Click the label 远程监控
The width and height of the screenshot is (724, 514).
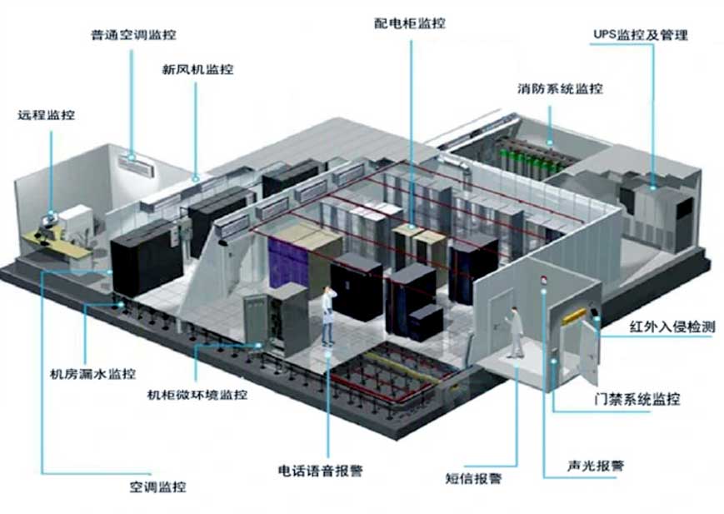click(46, 114)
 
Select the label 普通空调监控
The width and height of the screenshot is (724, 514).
click(134, 35)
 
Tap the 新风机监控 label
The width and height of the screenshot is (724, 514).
click(197, 70)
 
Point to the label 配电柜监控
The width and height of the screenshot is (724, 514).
click(410, 23)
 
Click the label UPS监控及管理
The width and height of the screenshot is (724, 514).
click(641, 35)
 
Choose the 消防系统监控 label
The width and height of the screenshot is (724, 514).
click(560, 88)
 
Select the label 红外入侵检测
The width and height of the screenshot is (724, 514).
click(672, 327)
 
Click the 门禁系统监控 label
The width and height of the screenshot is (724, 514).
click(637, 399)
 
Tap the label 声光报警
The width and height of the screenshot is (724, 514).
click(596, 466)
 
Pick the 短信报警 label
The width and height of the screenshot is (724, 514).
click(474, 478)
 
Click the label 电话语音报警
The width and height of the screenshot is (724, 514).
click(321, 471)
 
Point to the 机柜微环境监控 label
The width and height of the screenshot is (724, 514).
click(197, 395)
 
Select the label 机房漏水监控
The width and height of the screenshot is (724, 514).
click(92, 373)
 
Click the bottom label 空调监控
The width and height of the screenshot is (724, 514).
click(157, 487)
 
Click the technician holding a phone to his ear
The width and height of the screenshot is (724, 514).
click(327, 316)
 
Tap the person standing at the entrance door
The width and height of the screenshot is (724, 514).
click(515, 332)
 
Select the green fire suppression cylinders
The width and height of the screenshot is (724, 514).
click(531, 159)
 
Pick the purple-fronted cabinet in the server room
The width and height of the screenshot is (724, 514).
click(287, 266)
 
